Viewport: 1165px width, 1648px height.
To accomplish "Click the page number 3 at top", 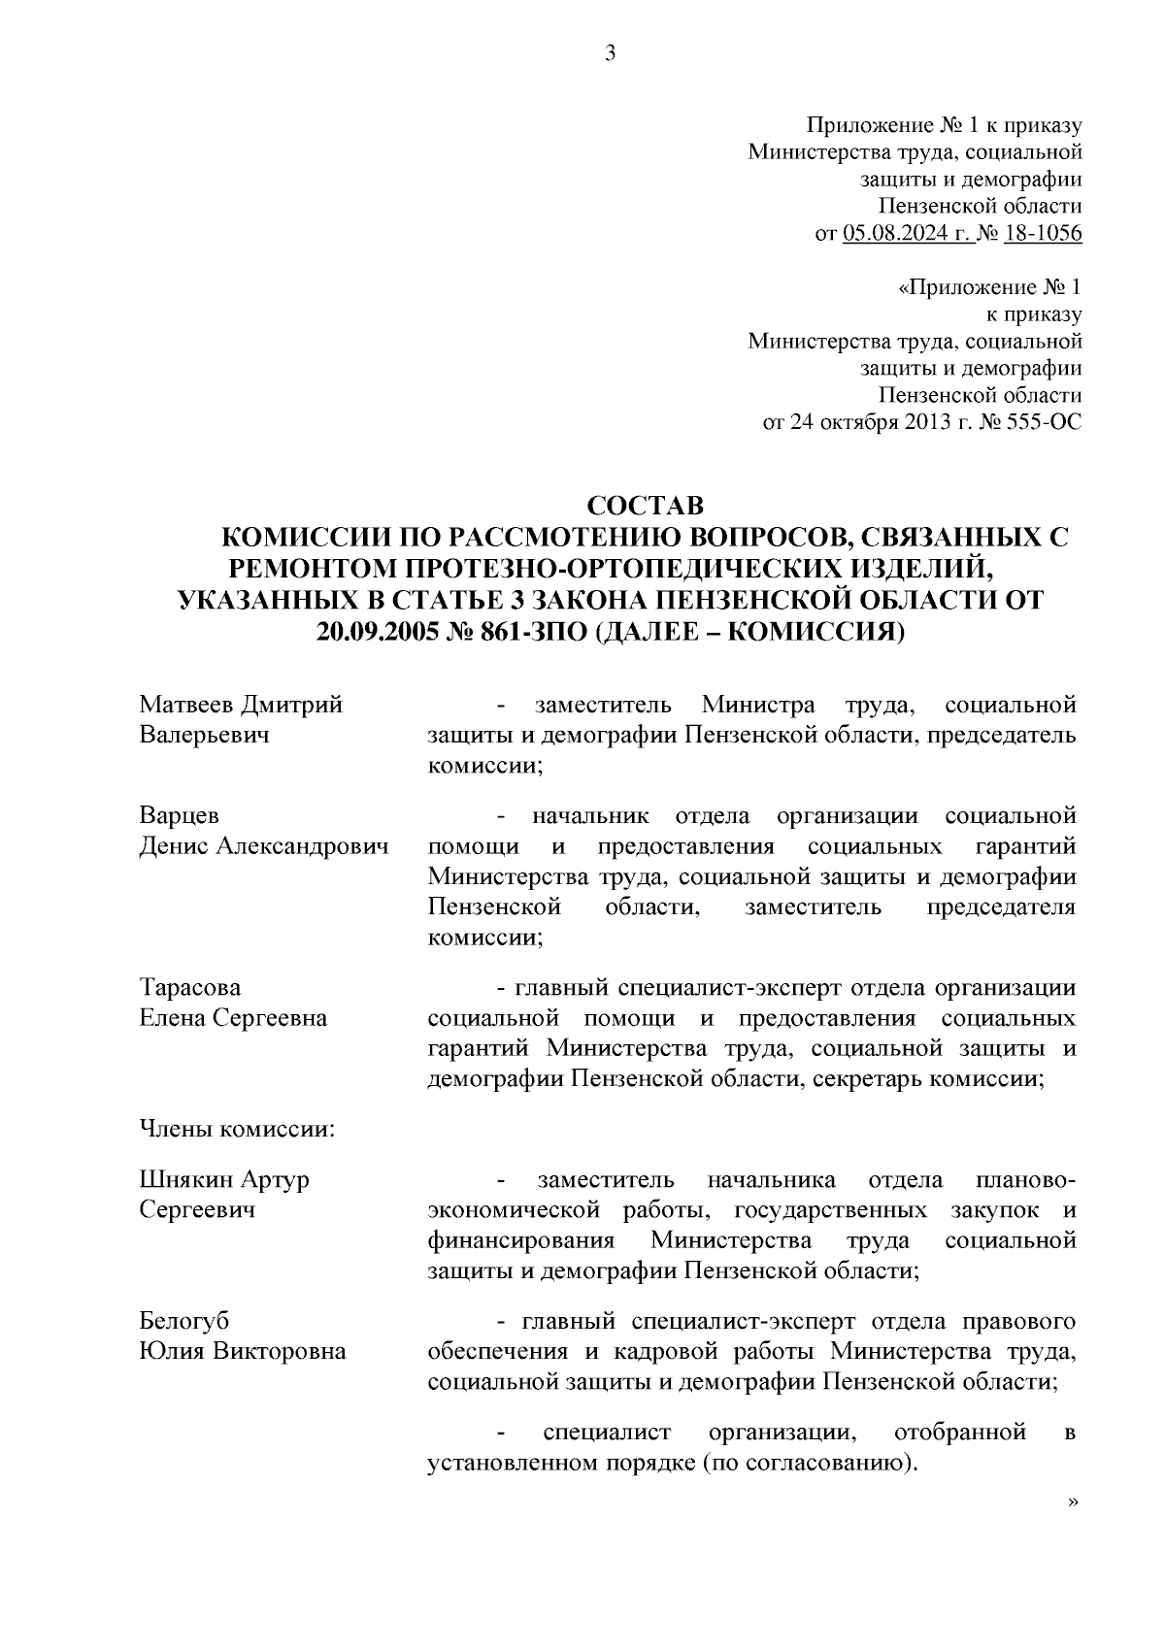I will (x=610, y=54).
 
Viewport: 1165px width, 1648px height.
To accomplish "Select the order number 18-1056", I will (x=1043, y=234).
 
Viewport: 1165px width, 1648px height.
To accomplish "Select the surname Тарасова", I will (x=190, y=988).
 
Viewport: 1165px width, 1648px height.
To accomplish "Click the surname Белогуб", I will (x=185, y=1321).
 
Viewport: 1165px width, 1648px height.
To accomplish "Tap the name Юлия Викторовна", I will (x=243, y=1351).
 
